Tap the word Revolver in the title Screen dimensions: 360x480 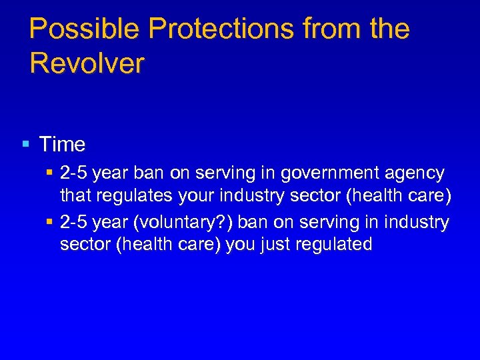pos(87,64)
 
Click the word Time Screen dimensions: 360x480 pos(62,144)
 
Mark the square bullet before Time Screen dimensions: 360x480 pos(25,144)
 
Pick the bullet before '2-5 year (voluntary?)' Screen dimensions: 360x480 pos(51,221)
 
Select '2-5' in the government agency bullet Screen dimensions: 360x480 pos(74,174)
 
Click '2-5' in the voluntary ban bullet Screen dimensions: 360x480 pos(74,221)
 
